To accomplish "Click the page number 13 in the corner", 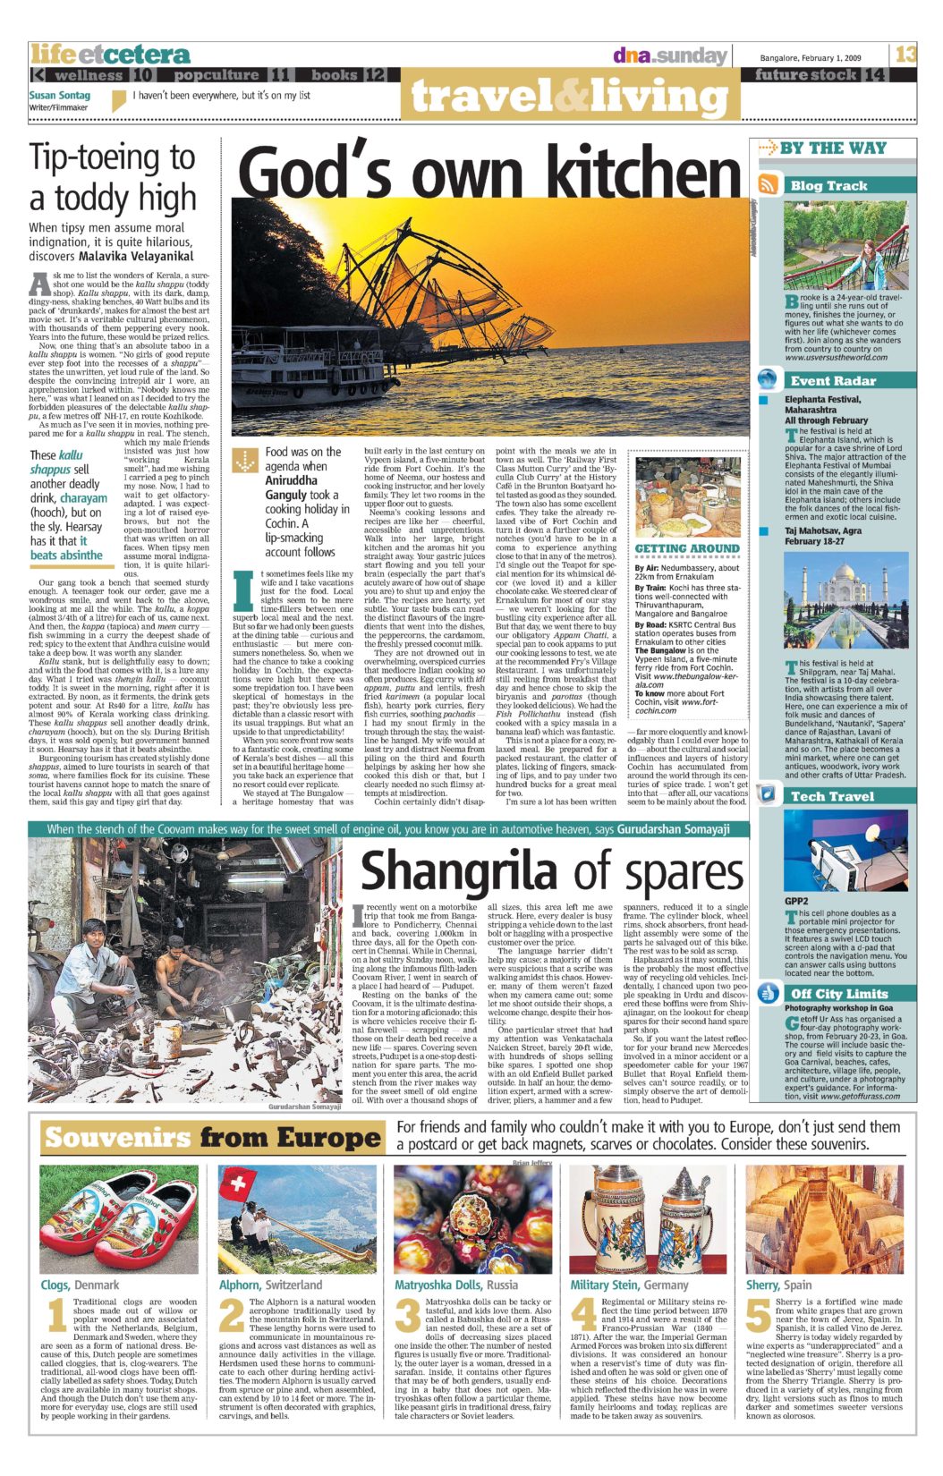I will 905,54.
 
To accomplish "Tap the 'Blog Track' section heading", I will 828,185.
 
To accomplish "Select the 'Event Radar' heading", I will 832,380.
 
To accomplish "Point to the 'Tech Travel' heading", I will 832,795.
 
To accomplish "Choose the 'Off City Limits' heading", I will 838,993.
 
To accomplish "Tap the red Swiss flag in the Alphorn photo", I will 238,1187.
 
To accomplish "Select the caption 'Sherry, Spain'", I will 779,1285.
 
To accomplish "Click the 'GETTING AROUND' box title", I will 687,548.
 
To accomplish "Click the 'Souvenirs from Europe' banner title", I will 213,1138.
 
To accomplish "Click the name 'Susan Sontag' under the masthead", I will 59,95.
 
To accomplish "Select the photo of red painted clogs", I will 119,1218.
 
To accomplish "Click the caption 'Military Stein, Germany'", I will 629,1285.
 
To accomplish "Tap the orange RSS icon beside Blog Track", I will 768,185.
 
